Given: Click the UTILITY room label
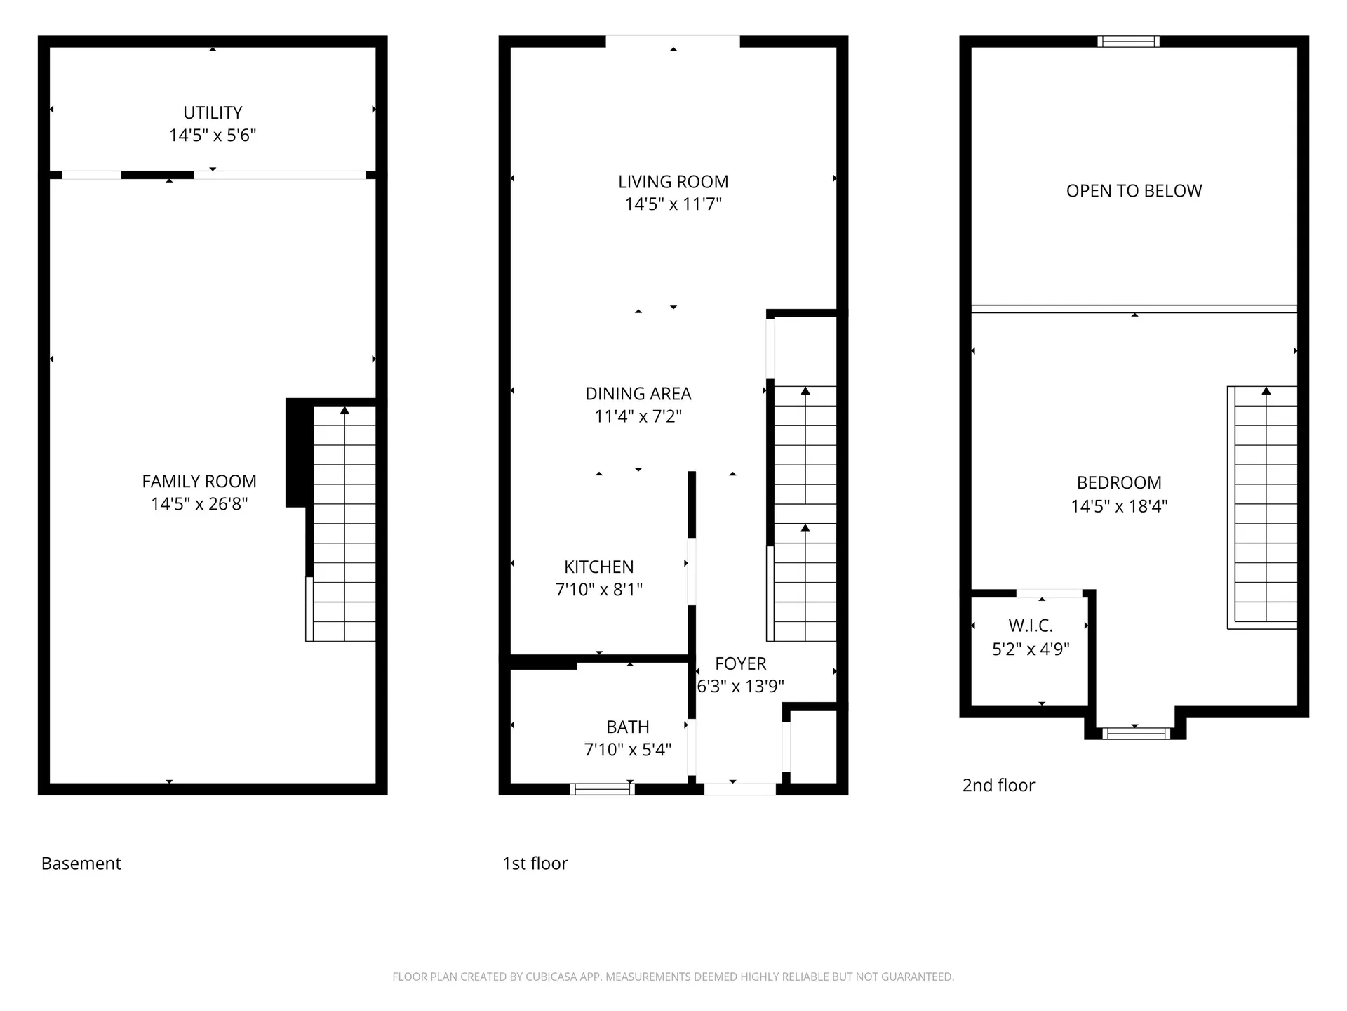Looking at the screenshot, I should (213, 112).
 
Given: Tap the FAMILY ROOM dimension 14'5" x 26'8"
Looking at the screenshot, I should (199, 504).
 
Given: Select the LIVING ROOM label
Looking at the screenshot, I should (673, 182).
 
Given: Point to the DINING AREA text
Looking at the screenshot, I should (638, 394).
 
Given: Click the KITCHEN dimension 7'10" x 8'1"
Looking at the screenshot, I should (598, 590).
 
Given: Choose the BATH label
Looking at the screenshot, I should (627, 727).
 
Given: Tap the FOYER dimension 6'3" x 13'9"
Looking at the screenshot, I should (740, 687).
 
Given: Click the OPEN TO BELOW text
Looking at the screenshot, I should (1134, 191).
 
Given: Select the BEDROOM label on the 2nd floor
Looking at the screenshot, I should (1119, 483).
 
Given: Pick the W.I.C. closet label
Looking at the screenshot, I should (1030, 626).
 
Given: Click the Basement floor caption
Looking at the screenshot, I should (81, 864).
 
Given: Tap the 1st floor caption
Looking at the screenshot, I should (535, 864).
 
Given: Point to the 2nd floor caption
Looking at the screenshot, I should (998, 785).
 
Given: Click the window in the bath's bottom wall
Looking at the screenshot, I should (602, 789).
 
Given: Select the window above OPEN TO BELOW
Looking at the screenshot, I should (1128, 41).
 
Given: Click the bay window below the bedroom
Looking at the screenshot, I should (1136, 734).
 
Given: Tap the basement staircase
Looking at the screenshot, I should (344, 523).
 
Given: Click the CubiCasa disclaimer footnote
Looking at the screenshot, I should (673, 977).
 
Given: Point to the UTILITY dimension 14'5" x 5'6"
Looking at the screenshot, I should (213, 136).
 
